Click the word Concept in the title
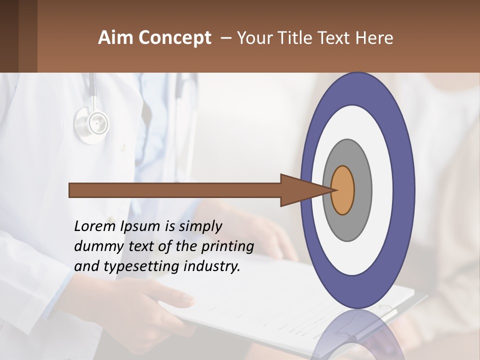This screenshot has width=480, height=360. click(175, 38)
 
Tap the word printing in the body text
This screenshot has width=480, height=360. click(227, 247)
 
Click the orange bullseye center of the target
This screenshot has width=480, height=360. click(343, 190)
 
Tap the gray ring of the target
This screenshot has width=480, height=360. click(362, 190)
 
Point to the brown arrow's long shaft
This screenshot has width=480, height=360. click(175, 190)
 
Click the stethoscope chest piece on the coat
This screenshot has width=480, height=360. click(92, 122)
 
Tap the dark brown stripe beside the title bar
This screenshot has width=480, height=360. click(9, 36)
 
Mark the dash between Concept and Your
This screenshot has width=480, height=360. click(226, 38)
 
